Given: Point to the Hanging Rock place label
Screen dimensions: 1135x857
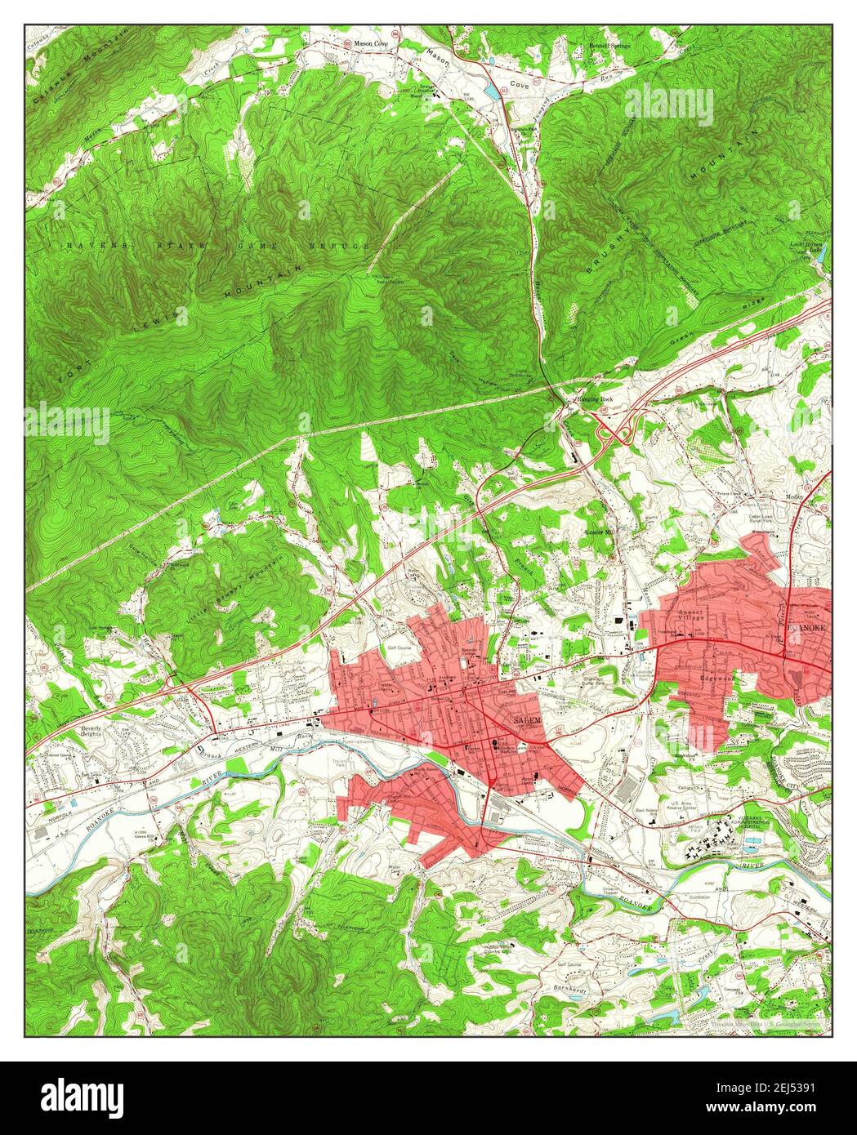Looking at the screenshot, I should click(594, 398).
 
